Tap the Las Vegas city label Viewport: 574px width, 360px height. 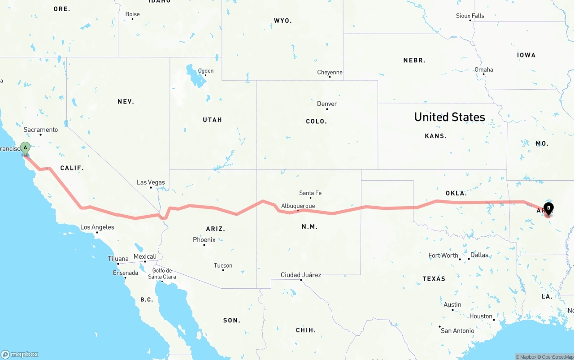coord(151,182)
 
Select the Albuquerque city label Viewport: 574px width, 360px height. coord(298,206)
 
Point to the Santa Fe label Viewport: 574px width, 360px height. coord(310,193)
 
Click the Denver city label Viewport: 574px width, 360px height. coord(327,104)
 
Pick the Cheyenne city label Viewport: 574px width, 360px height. coord(330,72)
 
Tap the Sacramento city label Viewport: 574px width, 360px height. coord(41,130)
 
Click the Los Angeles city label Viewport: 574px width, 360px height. coord(97,227)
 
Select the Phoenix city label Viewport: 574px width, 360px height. coord(204,240)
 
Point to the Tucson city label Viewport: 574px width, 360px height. coord(223,265)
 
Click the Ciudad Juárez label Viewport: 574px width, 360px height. coord(301,275)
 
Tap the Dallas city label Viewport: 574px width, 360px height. coord(479,255)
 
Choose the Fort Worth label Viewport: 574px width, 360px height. coord(444,256)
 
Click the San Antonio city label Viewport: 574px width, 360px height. coord(457,331)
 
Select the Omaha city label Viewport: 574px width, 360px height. coord(484,69)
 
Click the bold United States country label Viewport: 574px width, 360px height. coord(449,117)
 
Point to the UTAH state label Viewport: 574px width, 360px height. coord(213,120)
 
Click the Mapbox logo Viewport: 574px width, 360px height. coord(20,354)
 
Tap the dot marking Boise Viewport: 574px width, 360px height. coord(132,19)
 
